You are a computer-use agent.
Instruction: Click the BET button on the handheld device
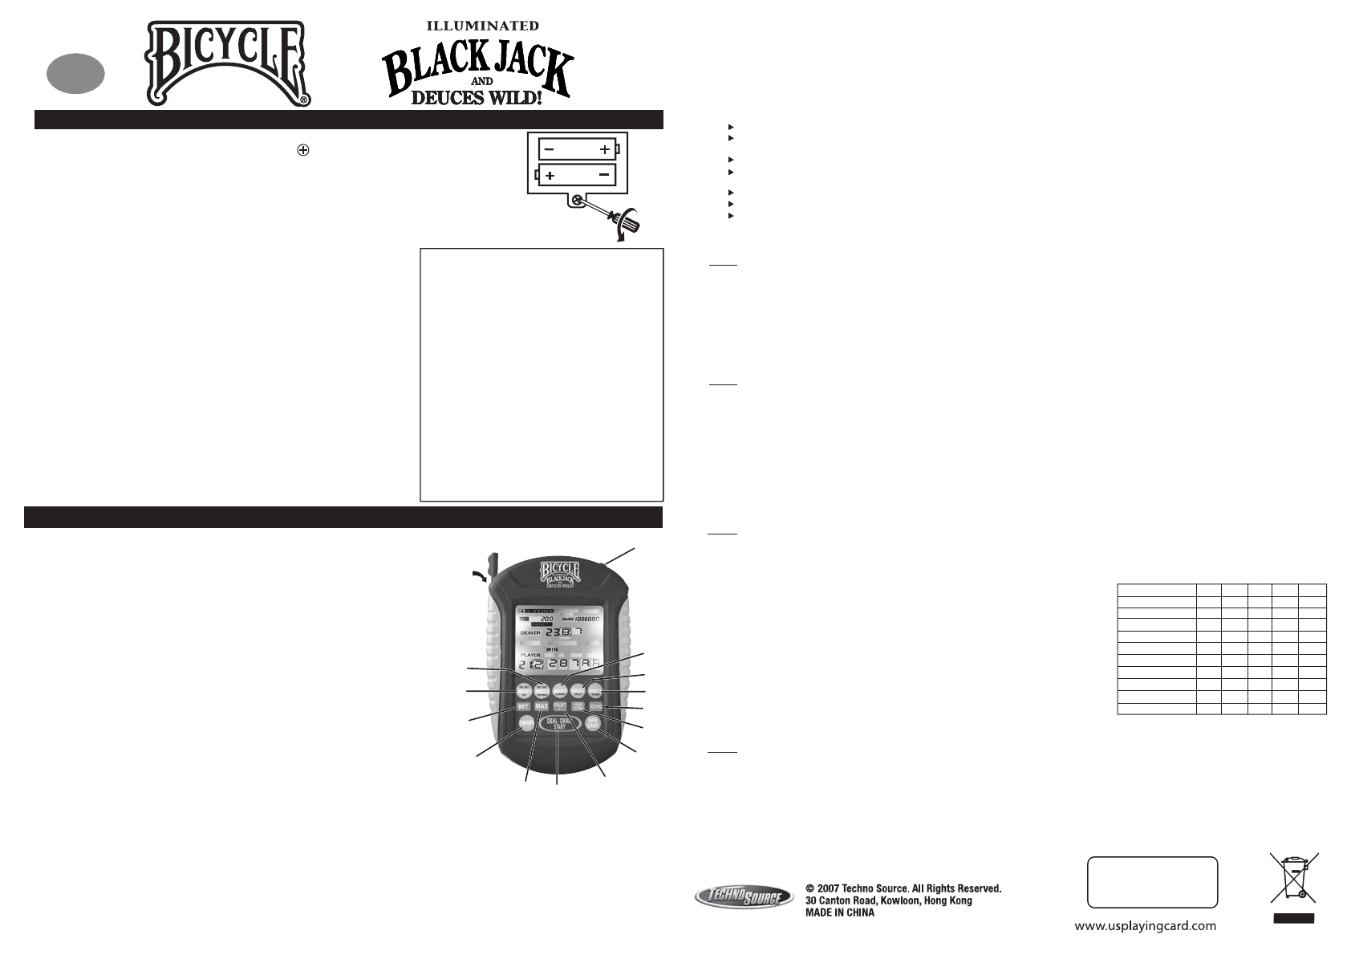pyautogui.click(x=523, y=706)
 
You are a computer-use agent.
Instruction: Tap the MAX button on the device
pyautogui.click(x=542, y=706)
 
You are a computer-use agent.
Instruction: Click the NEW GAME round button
pyautogui.click(x=593, y=723)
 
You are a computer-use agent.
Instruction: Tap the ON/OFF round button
pyautogui.click(x=526, y=723)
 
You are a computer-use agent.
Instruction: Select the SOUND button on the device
pyautogui.click(x=596, y=706)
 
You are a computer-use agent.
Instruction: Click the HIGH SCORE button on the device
pyautogui.click(x=578, y=706)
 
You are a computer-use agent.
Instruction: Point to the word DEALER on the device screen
pyautogui.click(x=530, y=632)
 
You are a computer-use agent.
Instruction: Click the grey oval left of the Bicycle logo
pyautogui.click(x=75, y=73)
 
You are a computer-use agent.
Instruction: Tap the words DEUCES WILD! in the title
pyautogui.click(x=480, y=99)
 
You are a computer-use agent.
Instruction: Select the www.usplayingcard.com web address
pyautogui.click(x=1145, y=926)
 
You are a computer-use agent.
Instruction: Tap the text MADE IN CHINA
pyautogui.click(x=839, y=912)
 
